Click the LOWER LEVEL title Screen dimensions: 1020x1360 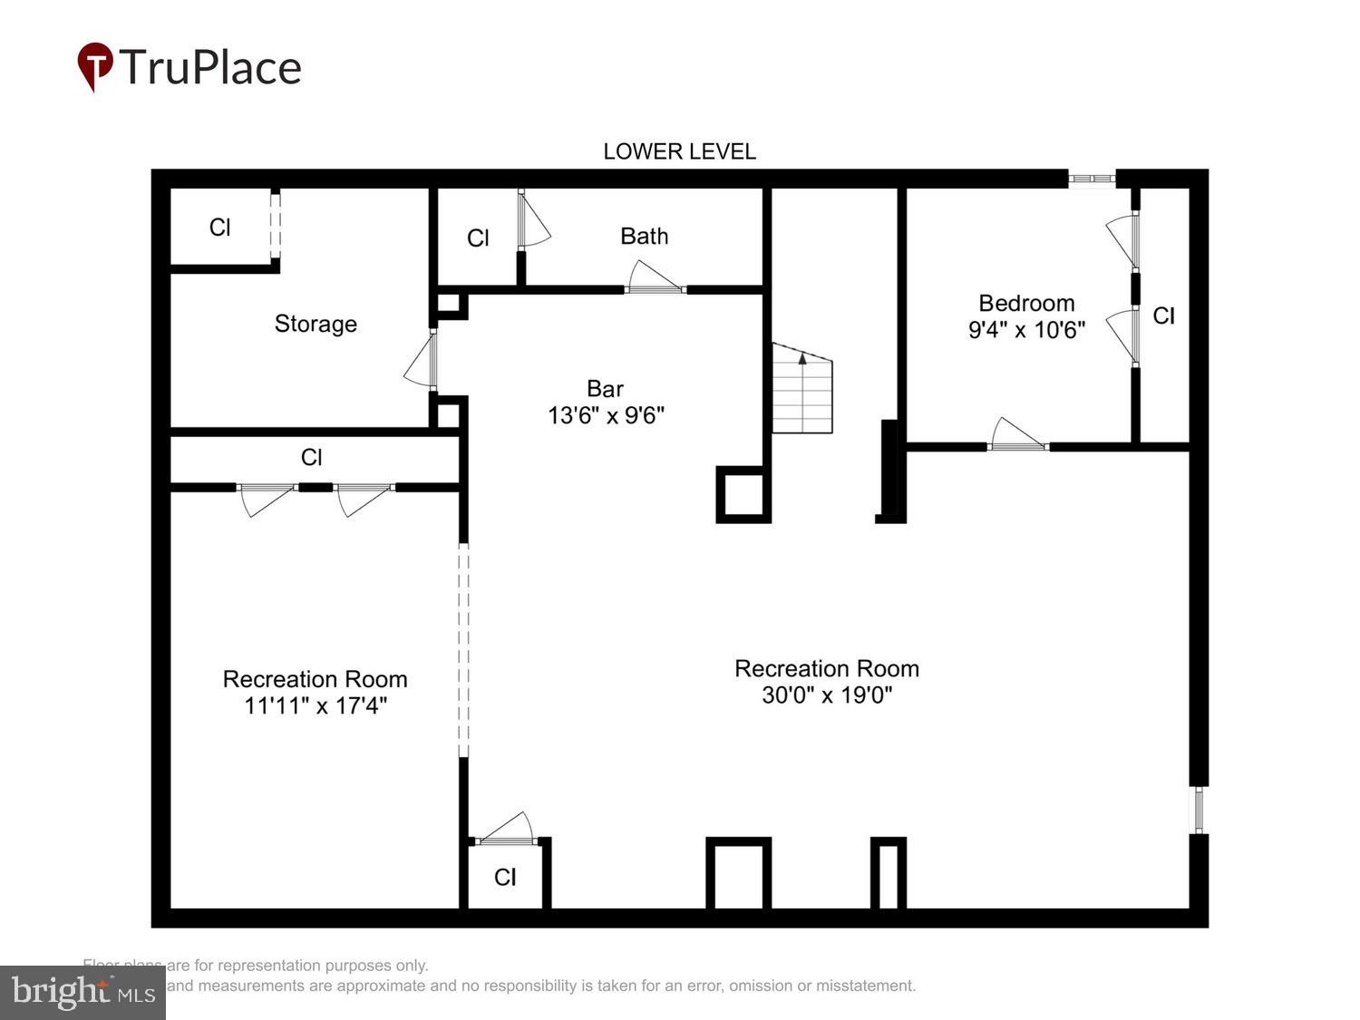pos(679,151)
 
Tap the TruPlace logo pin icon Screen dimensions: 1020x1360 pos(94,66)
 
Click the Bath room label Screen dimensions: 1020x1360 pos(644,236)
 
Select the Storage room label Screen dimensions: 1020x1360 pos(316,324)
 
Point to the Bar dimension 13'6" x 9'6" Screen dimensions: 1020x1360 pos(606,415)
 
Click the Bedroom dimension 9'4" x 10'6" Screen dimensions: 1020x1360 pos(1026,329)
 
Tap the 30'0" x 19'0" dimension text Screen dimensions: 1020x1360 pos(827,695)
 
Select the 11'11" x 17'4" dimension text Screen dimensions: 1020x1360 pos(315,705)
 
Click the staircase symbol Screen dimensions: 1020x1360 pos(801,390)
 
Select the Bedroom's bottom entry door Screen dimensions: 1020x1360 pos(1017,436)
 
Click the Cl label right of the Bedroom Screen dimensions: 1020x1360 pos(1163,316)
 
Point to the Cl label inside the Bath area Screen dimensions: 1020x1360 pos(478,238)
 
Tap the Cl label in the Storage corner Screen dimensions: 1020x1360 pos(219,227)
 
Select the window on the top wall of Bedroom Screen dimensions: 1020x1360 pos(1091,179)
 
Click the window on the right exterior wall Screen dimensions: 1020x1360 pos(1199,810)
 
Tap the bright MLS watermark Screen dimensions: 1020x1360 pos(83,992)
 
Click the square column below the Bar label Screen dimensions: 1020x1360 pos(743,494)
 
